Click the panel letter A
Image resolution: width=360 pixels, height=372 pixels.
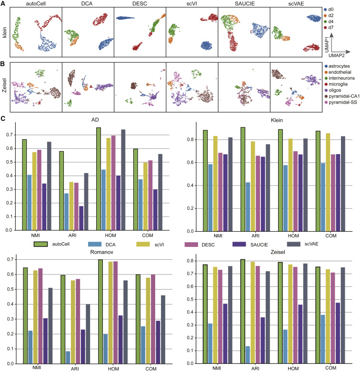(x=4, y=4)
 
